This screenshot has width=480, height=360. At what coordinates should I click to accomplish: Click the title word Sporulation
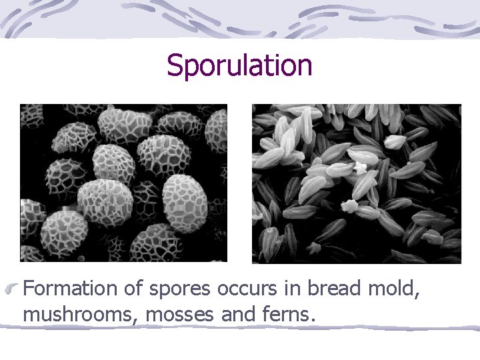point(239,66)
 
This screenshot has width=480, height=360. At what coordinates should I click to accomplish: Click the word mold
point(395,289)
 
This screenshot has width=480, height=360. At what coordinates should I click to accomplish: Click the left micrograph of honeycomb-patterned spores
point(123,183)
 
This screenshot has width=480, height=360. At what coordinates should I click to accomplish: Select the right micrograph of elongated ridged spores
point(356,183)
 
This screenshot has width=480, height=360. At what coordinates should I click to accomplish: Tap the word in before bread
point(287,289)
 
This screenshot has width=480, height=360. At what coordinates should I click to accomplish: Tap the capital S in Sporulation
point(175,65)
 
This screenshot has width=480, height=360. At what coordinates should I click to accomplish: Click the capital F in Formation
point(29,289)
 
